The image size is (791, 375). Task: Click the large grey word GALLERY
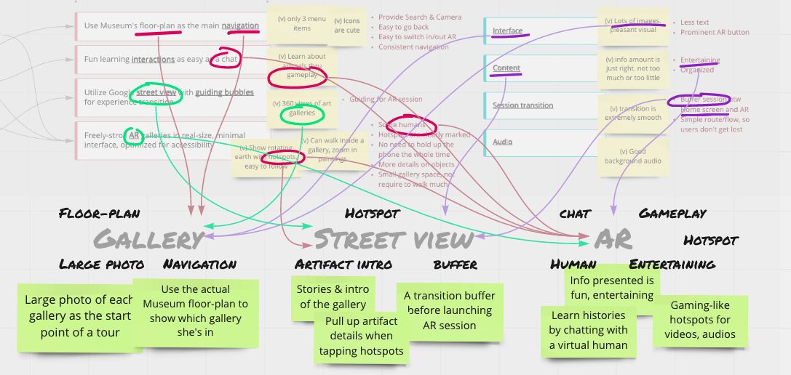(149, 239)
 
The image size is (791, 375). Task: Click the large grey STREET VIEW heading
(394, 239)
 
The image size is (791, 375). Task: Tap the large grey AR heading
(613, 239)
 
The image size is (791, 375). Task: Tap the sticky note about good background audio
(631, 156)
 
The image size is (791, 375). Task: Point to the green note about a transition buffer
(450, 310)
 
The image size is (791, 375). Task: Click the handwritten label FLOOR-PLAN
(99, 214)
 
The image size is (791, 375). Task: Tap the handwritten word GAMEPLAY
(672, 214)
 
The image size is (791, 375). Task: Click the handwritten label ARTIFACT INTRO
(343, 264)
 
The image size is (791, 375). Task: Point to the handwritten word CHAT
(575, 214)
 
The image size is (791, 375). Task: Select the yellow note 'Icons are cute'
(347, 26)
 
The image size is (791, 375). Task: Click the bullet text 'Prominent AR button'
(715, 32)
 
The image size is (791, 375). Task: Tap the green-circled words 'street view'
(154, 92)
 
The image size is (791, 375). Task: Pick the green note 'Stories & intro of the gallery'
(333, 297)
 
